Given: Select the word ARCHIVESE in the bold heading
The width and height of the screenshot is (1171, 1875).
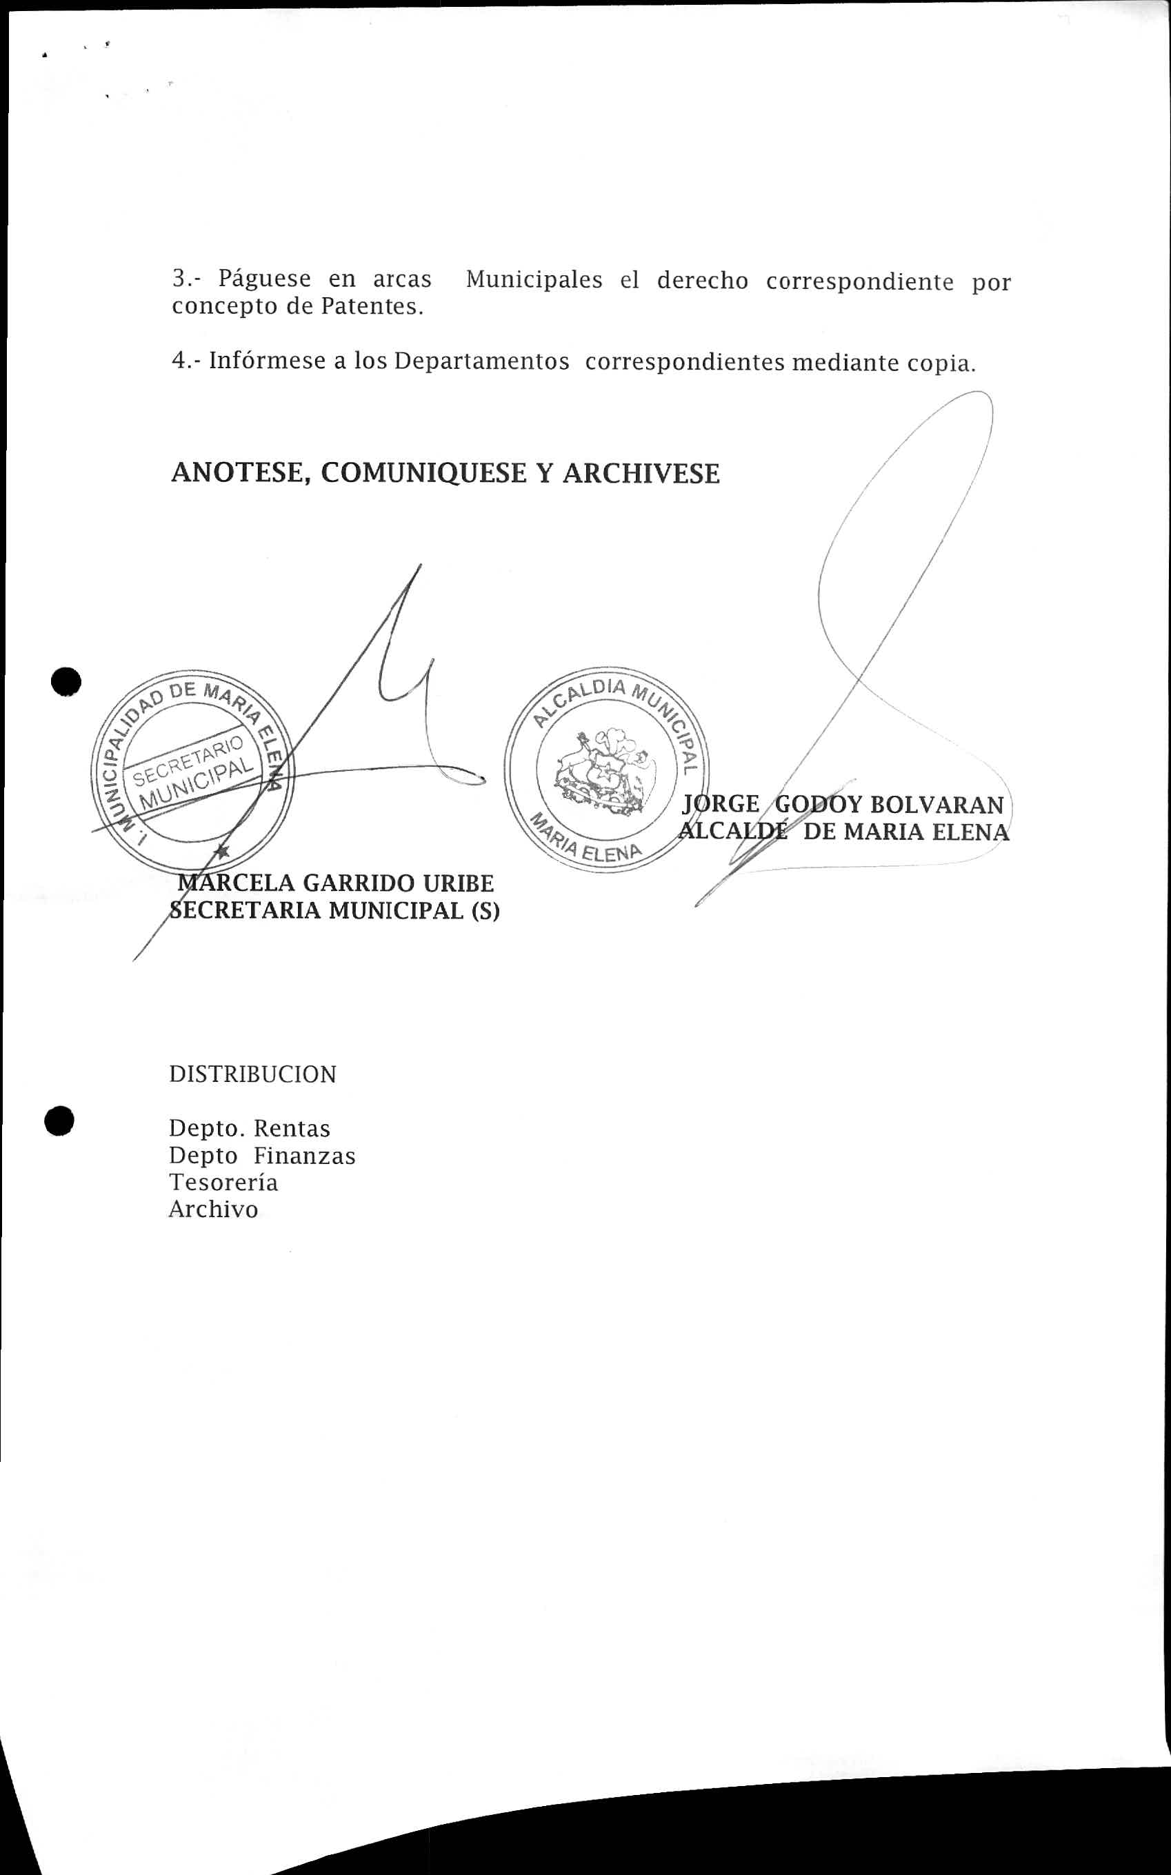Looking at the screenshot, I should [x=641, y=473].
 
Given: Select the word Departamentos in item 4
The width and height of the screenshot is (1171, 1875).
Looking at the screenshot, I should [x=482, y=361].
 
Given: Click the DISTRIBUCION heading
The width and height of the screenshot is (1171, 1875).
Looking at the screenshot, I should [x=252, y=1075].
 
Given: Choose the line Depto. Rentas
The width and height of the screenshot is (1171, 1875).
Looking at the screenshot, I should [x=250, y=1128].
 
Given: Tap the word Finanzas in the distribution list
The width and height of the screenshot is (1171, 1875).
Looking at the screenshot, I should [x=304, y=1156].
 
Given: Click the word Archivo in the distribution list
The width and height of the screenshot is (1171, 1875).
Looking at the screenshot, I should [x=213, y=1210].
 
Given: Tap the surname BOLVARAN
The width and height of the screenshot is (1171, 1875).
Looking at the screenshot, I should [x=937, y=805].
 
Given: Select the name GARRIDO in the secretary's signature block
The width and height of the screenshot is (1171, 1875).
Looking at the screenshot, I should [x=348, y=883].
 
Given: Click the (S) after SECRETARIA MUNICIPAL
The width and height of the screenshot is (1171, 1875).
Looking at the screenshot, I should [x=485, y=911].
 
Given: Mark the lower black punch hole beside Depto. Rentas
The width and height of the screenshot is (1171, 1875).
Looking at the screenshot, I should [x=59, y=1121].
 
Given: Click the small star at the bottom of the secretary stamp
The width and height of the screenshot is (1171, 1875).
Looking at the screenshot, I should [x=222, y=852].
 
